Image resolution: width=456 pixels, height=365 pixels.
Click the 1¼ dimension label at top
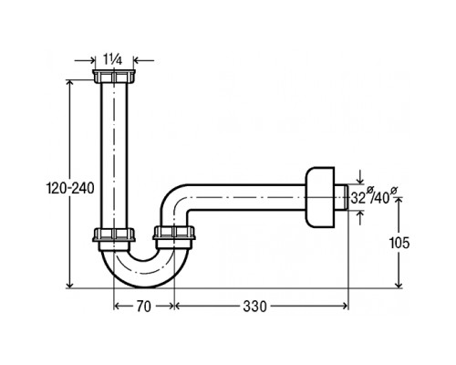pyautogui.click(x=112, y=60)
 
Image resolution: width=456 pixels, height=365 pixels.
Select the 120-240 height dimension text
pyautogui.click(x=70, y=189)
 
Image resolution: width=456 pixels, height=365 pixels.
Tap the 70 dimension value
pyautogui.click(x=143, y=307)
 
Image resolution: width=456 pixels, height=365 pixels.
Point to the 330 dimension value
pyautogui.click(x=254, y=307)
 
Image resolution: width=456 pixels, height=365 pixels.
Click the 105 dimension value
pyautogui.click(x=399, y=243)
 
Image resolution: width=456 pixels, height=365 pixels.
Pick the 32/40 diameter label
pyautogui.click(x=374, y=197)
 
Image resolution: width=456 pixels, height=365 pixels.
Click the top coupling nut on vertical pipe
pyautogui.click(x=114, y=76)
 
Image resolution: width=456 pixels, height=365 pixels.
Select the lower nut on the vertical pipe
pyautogui.click(x=114, y=235)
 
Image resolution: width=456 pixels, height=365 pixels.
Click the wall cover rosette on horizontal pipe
pyautogui.click(x=320, y=197)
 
